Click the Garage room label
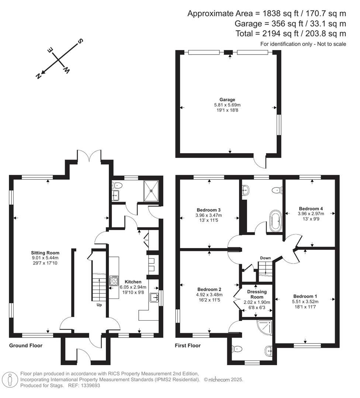tap(227, 99)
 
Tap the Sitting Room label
tap(45, 253)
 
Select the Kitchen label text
tap(133, 282)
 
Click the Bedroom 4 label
tap(311, 208)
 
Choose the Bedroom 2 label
tap(209, 289)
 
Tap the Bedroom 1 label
tap(305, 296)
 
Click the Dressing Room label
tap(257, 294)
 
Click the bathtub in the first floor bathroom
tap(275, 221)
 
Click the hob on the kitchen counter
tap(114, 281)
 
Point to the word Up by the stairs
tap(99, 305)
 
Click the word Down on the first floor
tap(265, 258)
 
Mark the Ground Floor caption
tap(26, 346)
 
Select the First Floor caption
tap(188, 346)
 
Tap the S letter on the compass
tap(80, 41)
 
